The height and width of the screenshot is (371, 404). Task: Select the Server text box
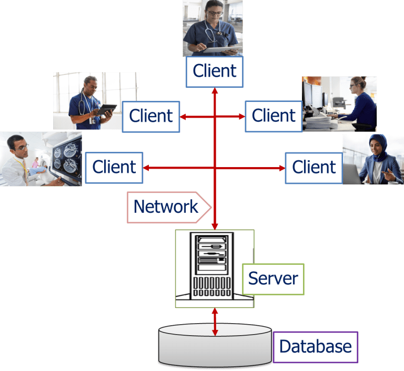click(x=273, y=279)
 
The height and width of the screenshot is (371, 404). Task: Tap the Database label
click(x=315, y=347)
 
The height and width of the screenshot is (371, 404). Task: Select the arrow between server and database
click(x=215, y=322)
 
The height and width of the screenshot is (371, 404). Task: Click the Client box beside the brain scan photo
click(x=114, y=168)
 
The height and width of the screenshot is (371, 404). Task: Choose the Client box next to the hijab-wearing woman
click(x=314, y=168)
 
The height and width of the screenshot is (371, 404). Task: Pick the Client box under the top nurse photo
click(x=215, y=71)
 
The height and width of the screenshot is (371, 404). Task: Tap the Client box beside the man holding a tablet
click(x=151, y=116)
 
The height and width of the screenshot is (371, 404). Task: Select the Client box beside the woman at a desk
click(x=274, y=116)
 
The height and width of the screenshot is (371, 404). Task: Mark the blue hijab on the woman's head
click(x=377, y=143)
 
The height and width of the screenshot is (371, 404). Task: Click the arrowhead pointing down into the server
click(x=215, y=225)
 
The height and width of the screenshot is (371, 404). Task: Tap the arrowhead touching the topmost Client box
click(x=215, y=91)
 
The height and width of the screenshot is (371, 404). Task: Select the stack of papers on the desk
click(x=318, y=122)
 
